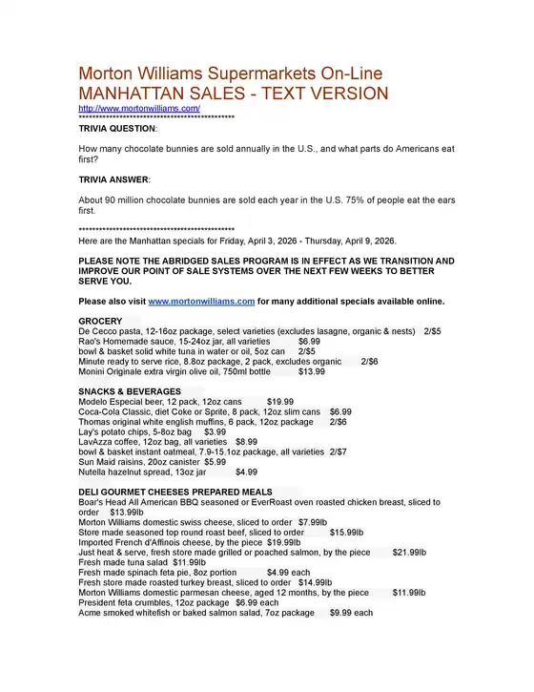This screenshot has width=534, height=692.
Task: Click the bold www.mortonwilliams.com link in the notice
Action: (201, 302)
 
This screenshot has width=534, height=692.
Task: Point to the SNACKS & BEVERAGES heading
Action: (130, 391)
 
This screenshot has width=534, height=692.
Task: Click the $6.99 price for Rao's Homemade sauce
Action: (309, 341)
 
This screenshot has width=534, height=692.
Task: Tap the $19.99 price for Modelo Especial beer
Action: (280, 402)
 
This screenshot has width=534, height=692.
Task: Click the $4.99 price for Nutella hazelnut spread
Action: (246, 472)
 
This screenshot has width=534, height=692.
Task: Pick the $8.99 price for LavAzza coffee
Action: (246, 442)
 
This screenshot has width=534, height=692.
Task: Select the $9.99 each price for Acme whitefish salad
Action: (351, 612)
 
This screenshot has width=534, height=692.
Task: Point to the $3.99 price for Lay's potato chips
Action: (216, 431)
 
